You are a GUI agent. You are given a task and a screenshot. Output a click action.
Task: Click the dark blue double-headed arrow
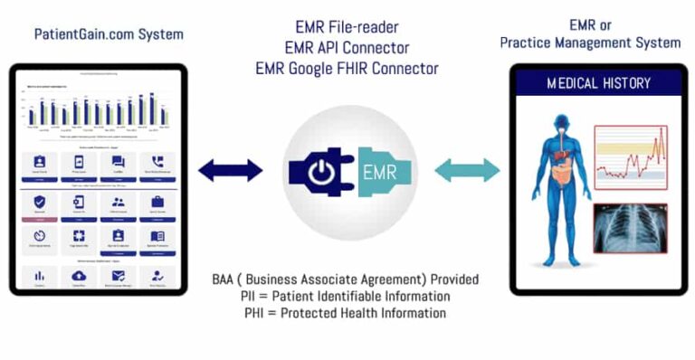[x=230, y=170]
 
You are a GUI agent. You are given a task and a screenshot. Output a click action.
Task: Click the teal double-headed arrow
[x=467, y=170]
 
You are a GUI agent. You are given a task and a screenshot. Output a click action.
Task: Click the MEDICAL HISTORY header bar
[x=598, y=83]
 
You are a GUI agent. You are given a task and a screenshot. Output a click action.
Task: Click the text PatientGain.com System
[x=109, y=34]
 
